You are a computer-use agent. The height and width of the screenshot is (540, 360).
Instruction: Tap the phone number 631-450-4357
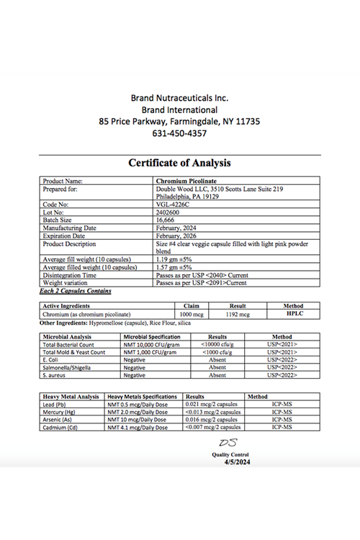coord(180,133)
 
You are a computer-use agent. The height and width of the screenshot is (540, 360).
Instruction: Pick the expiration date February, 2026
coord(176,236)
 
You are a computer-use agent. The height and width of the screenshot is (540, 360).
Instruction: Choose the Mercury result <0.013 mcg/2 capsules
coord(212,412)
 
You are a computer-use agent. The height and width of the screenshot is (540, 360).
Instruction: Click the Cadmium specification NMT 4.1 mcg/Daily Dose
coord(138,428)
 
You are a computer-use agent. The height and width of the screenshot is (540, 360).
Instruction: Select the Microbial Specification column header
coord(151,336)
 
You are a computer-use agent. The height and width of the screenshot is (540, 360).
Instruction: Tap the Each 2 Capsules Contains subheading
coord(76,291)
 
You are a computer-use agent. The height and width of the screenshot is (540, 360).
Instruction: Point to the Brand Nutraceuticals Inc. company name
coord(179,97)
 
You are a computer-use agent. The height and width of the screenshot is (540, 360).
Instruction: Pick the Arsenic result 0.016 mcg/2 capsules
coord(212,420)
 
